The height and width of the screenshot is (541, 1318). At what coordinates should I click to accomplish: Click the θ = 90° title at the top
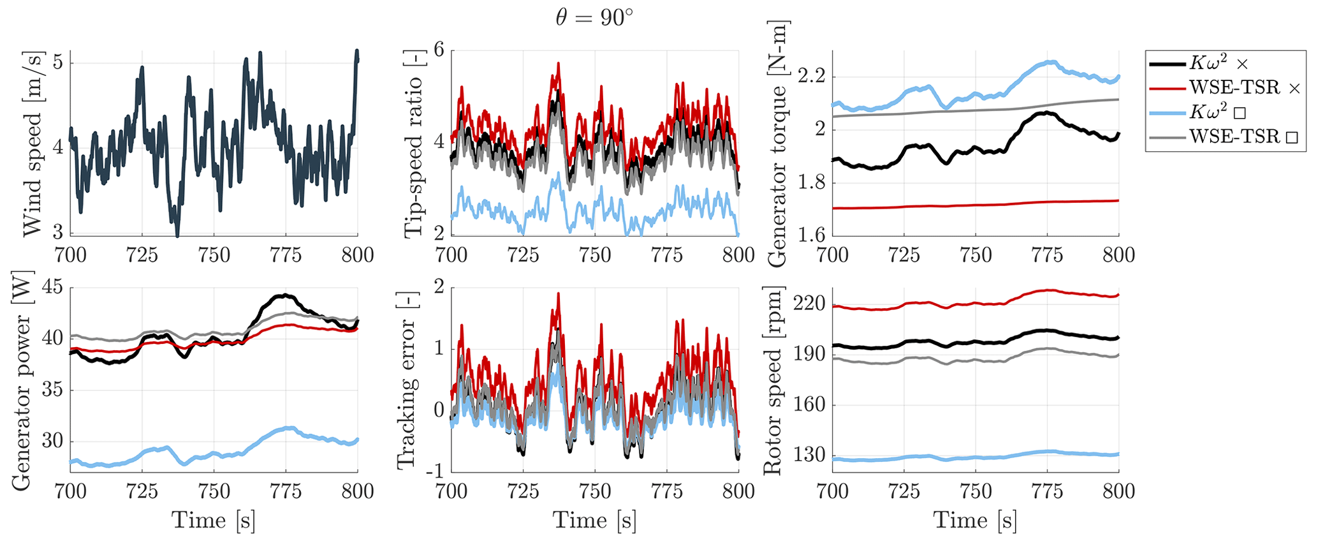coord(594,17)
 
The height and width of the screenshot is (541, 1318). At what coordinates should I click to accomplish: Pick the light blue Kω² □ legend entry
coord(1198,112)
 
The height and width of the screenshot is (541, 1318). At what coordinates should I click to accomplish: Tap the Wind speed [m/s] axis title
coord(32,144)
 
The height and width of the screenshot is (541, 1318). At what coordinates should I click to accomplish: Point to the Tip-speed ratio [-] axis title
coord(414,144)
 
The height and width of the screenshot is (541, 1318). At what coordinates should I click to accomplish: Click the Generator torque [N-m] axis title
coord(778,144)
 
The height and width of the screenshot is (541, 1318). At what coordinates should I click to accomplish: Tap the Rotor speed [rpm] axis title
coord(773,380)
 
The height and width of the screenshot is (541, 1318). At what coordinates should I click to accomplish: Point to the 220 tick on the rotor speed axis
coord(809,304)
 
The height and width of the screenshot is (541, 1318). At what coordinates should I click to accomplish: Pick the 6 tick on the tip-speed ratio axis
coord(439,50)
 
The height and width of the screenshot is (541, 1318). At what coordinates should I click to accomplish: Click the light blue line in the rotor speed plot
coord(976,457)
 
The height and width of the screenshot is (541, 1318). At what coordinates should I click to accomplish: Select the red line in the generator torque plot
coord(976,205)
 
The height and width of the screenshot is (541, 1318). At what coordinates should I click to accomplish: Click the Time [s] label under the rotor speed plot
coord(974,520)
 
